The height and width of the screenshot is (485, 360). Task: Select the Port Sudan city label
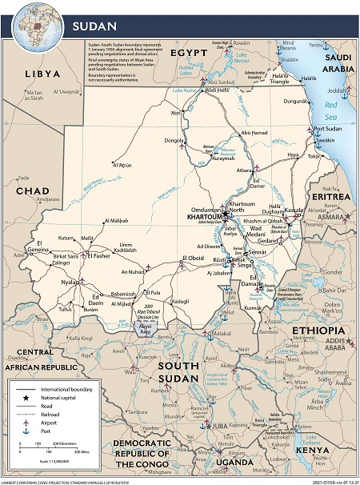(x=330, y=130)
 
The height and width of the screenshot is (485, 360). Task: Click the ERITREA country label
(x=330, y=196)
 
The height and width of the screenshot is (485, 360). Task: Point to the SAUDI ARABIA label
(x=337, y=63)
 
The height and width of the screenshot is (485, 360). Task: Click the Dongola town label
(x=175, y=141)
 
